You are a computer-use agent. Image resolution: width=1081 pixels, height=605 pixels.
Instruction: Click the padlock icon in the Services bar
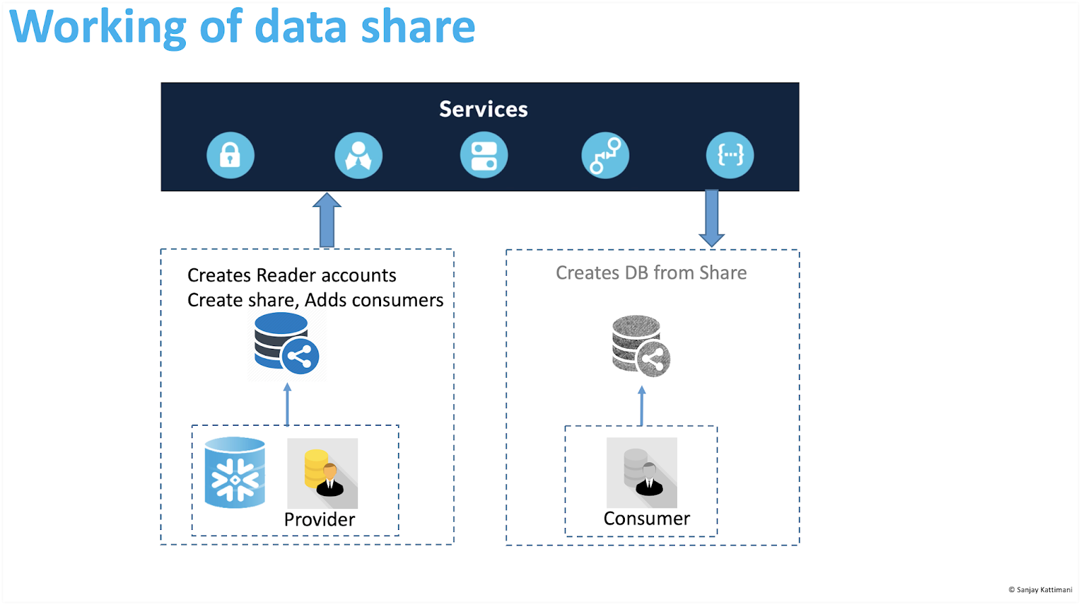230,155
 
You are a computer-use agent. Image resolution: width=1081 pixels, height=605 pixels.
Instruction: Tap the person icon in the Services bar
359,155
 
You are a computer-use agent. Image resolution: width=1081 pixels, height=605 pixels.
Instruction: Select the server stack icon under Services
484,155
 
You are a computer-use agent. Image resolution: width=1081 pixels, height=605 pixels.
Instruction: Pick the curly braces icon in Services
730,155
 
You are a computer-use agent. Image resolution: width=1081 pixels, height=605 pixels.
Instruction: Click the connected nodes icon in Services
605,155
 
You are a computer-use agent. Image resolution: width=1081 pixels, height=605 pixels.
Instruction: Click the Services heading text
483,110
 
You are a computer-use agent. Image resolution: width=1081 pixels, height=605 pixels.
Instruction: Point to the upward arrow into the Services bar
327,220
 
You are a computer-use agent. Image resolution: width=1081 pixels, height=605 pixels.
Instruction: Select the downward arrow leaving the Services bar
711,218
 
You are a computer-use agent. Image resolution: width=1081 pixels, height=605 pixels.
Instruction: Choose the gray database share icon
640,346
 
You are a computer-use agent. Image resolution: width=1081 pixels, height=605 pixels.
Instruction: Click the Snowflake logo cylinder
235,473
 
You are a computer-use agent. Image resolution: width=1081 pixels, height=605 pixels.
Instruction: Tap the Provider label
320,519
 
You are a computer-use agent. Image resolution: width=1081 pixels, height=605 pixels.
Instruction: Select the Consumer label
647,518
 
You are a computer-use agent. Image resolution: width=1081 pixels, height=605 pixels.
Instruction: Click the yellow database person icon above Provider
322,473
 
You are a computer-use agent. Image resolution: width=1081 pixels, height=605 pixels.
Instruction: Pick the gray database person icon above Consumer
642,473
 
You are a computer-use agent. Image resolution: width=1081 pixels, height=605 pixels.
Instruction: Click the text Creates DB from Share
651,273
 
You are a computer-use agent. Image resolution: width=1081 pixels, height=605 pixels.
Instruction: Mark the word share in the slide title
418,27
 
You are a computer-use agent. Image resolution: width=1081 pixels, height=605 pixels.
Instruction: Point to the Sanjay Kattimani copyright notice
1040,590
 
